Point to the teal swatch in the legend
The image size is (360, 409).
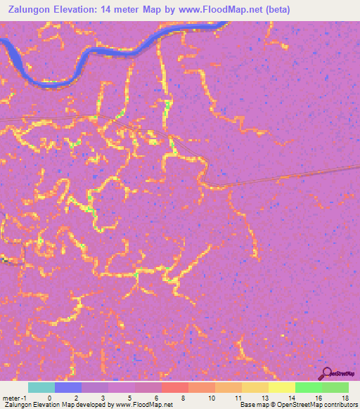[41, 387]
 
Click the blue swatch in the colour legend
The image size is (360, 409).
[67, 387]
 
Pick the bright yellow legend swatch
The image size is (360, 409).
[281, 387]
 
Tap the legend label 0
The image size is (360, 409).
[49, 398]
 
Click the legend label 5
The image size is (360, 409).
[129, 398]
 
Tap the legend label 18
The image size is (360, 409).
[345, 398]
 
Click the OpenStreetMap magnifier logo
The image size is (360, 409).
[326, 374]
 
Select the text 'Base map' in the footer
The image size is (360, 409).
[252, 405]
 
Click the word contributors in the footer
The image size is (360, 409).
[337, 405]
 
